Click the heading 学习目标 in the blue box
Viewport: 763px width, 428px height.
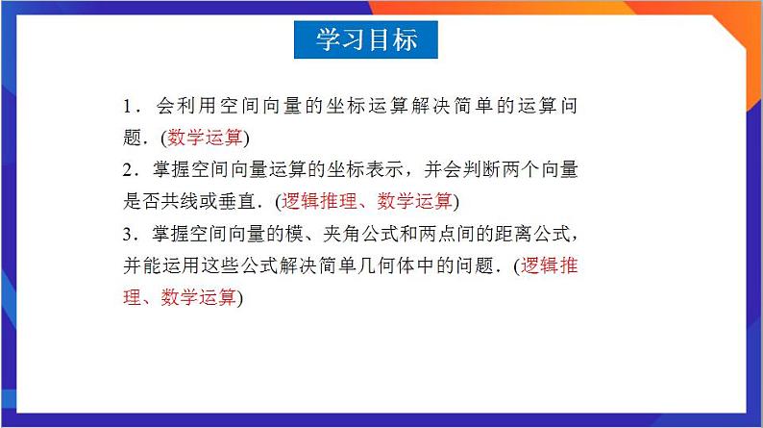coord(366,39)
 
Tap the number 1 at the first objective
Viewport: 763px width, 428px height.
coord(128,104)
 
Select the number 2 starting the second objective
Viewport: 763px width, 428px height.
coord(128,169)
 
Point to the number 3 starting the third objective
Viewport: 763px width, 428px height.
coord(128,234)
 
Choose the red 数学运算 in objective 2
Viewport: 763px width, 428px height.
coord(414,201)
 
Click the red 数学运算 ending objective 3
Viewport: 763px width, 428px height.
coord(199,298)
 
